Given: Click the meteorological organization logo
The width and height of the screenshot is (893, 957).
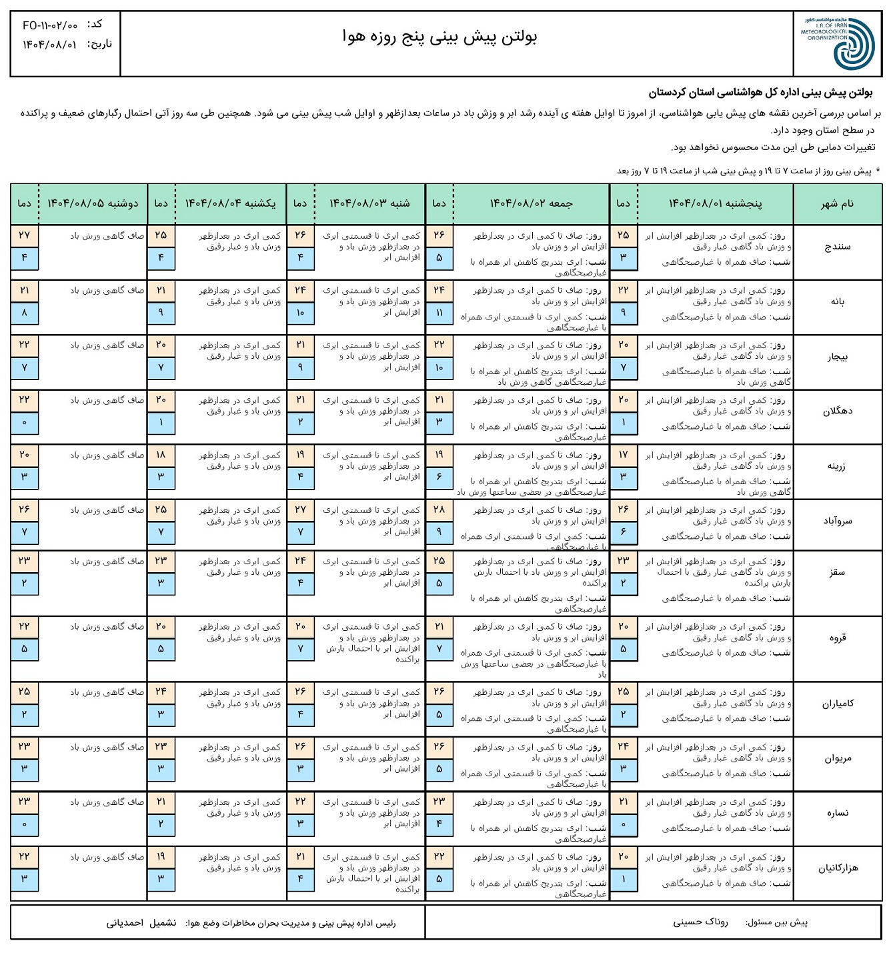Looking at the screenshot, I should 838,43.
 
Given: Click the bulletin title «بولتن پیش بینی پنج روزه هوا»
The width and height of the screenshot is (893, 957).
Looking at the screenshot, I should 439,37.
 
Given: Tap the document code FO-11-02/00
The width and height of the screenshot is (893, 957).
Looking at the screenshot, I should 50,25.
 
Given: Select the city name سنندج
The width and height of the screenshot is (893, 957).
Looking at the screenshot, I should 837,247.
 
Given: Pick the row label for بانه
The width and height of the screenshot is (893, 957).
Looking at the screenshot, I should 837,301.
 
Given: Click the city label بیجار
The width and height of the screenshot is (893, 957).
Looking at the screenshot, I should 837,357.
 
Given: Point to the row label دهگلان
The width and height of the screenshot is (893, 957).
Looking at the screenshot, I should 837,411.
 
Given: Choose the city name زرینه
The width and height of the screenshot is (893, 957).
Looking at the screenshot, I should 837,466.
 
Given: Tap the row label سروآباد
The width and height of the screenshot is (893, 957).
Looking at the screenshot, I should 837,521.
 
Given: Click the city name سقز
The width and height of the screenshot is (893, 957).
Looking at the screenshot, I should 837,572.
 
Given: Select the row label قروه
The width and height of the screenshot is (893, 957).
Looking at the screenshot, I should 837,638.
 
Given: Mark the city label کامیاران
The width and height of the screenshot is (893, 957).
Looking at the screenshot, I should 837,704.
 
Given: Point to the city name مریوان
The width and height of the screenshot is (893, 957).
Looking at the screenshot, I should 837,758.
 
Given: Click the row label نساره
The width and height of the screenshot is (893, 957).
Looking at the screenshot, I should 837,813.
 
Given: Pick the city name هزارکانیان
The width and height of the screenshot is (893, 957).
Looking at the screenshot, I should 837,868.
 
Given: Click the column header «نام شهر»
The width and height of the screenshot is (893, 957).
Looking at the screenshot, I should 837,203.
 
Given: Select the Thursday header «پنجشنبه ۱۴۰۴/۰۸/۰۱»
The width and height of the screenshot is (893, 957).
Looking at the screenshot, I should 715,203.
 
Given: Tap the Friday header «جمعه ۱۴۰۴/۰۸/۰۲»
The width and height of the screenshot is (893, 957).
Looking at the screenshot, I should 531,203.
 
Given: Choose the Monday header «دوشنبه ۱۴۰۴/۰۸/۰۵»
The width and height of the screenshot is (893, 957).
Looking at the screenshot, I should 93,203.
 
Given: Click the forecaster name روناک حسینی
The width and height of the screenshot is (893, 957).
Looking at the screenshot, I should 700,922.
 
